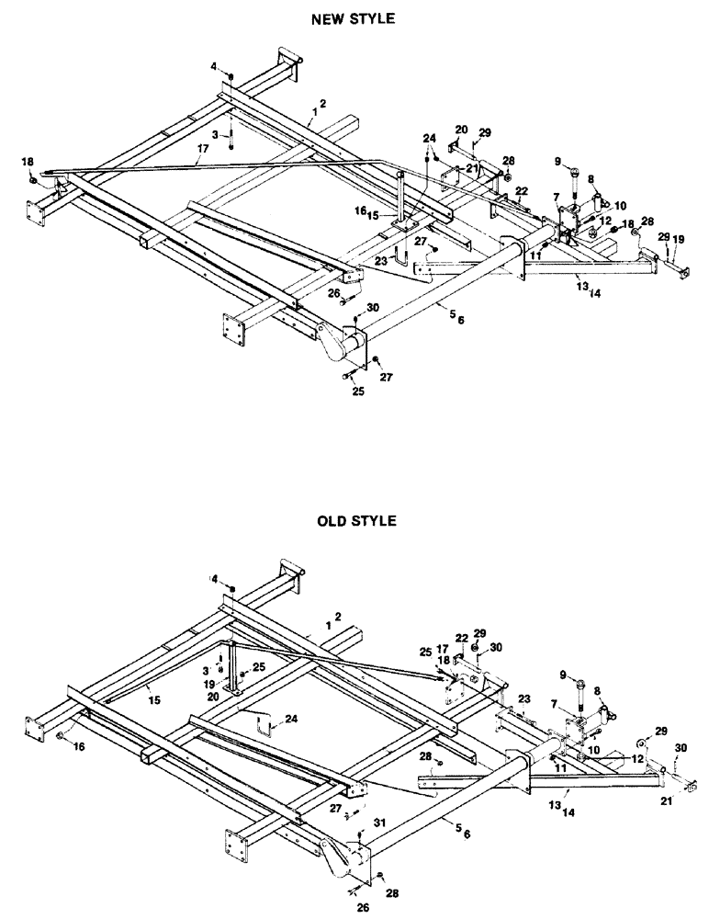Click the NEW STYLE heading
point(355,17)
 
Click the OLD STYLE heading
point(355,521)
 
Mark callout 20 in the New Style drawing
point(461,130)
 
